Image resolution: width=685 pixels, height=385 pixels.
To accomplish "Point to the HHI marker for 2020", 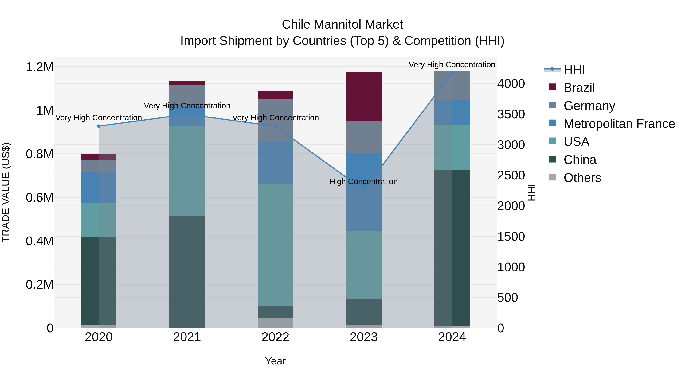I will [99, 126].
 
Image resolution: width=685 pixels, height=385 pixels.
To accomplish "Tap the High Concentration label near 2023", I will [363, 182].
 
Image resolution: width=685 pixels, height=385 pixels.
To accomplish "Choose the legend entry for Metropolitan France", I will [619, 124].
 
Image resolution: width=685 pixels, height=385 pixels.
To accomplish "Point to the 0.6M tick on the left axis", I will [39, 198].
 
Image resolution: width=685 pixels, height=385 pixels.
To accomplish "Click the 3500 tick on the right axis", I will [511, 114].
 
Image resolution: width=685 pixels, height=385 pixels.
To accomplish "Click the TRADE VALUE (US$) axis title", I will [6, 192].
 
